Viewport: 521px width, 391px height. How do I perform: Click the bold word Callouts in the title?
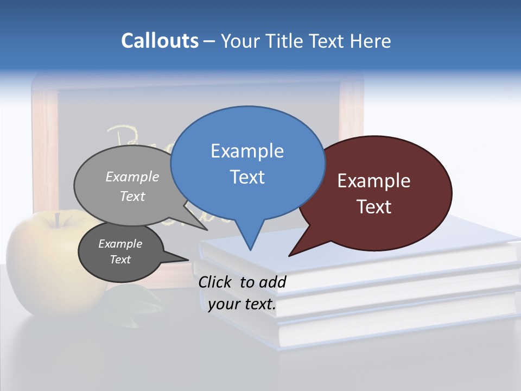[x=160, y=41]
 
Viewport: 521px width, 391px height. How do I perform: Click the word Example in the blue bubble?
[x=247, y=151]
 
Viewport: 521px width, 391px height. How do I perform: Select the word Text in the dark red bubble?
[x=374, y=207]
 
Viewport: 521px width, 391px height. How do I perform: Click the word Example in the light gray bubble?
[x=132, y=176]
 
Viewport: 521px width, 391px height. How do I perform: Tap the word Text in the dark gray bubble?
[x=120, y=260]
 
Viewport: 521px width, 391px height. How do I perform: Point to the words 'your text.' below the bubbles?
[x=242, y=304]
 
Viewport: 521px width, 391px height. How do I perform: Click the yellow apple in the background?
[x=43, y=255]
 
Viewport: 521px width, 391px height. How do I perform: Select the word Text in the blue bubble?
[x=247, y=177]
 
